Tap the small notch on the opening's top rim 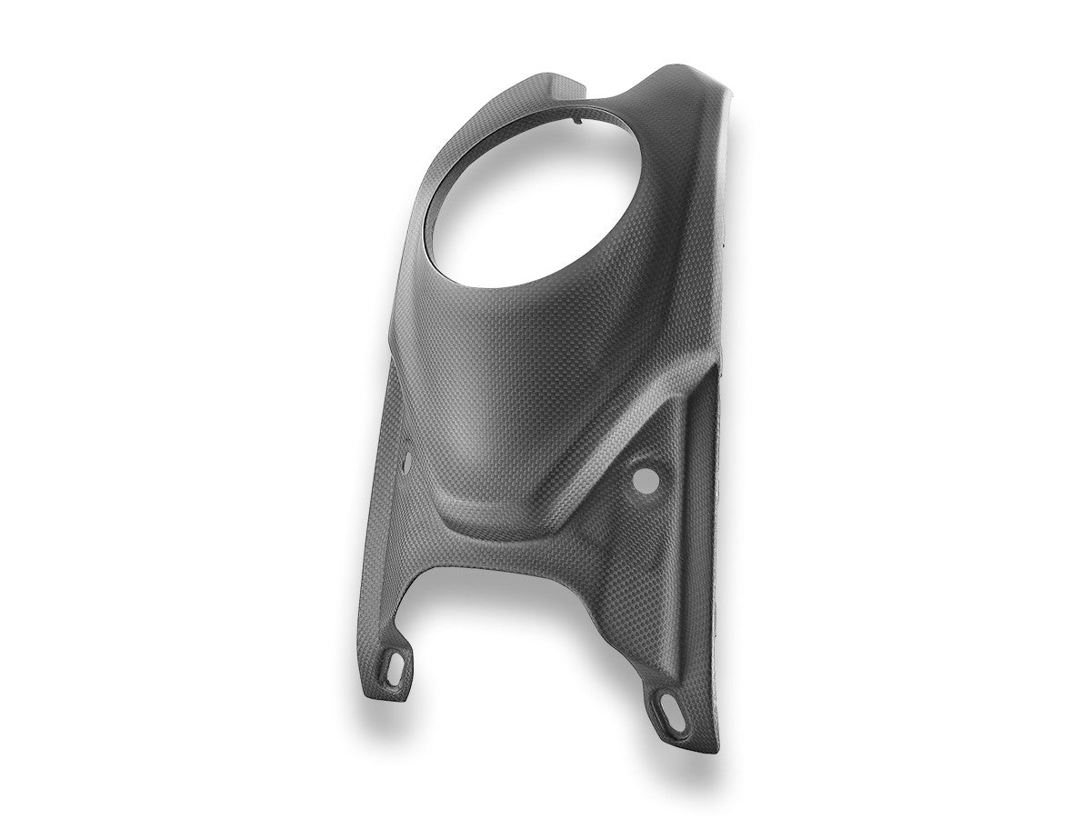tap(578, 116)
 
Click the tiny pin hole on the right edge tap(725, 244)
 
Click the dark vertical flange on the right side tap(714, 509)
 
